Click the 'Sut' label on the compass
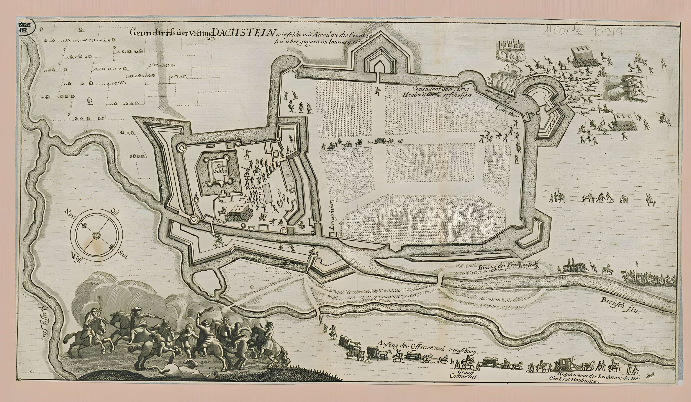point(123,255)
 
